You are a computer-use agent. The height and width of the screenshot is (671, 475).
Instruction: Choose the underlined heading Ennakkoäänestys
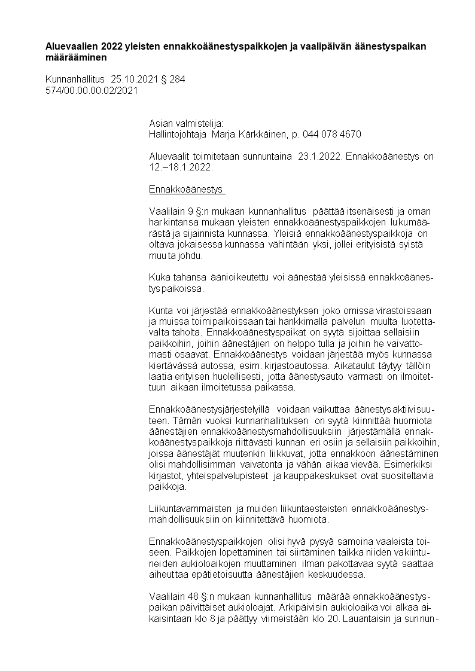tap(185, 190)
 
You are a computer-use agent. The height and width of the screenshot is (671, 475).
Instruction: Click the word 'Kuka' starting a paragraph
tap(159, 278)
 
